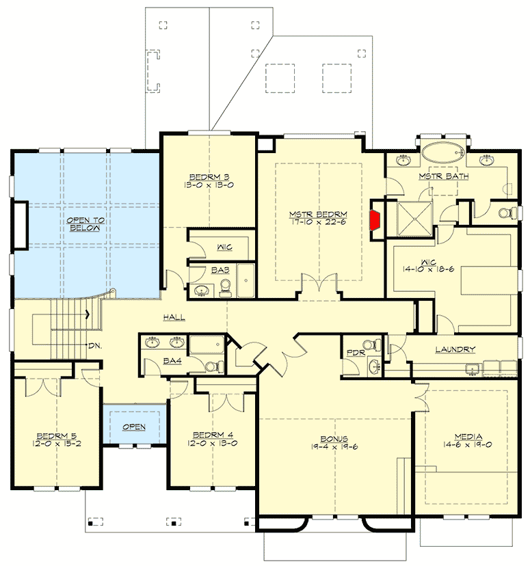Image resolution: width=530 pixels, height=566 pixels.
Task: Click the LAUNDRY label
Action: coord(455,350)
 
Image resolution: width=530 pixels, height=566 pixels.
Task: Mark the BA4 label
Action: coord(172,360)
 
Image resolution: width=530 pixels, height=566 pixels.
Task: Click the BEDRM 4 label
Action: coord(208,434)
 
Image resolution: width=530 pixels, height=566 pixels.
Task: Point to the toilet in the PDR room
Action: coord(369,345)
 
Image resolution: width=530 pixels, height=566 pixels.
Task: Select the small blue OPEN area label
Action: coord(133,427)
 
